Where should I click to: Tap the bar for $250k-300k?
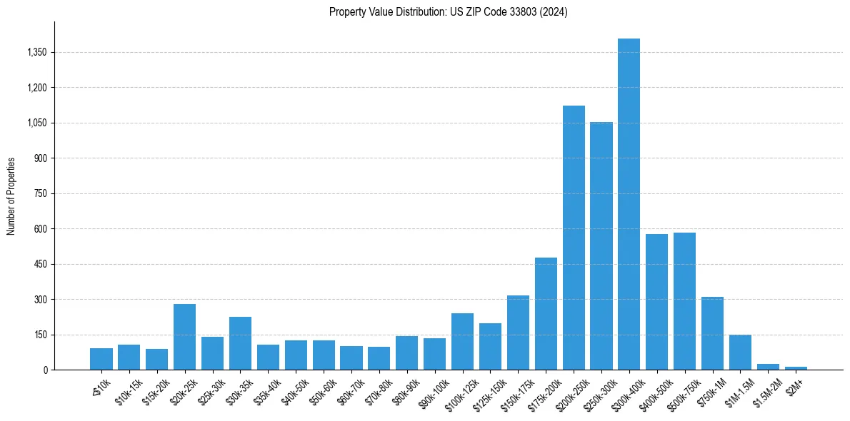pyautogui.click(x=601, y=246)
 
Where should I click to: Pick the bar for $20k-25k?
pyautogui.click(x=184, y=337)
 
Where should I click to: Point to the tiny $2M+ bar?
pyautogui.click(x=796, y=368)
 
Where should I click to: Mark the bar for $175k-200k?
pyautogui.click(x=546, y=314)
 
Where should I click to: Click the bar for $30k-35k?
pyautogui.click(x=240, y=343)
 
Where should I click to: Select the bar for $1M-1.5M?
pyautogui.click(x=740, y=352)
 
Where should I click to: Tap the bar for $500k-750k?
pyautogui.click(x=684, y=301)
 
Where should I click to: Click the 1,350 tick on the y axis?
pyautogui.click(x=36, y=53)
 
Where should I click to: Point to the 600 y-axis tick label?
pyautogui.click(x=40, y=229)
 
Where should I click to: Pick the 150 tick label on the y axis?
pyautogui.click(x=40, y=335)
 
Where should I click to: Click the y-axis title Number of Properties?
pyautogui.click(x=11, y=196)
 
